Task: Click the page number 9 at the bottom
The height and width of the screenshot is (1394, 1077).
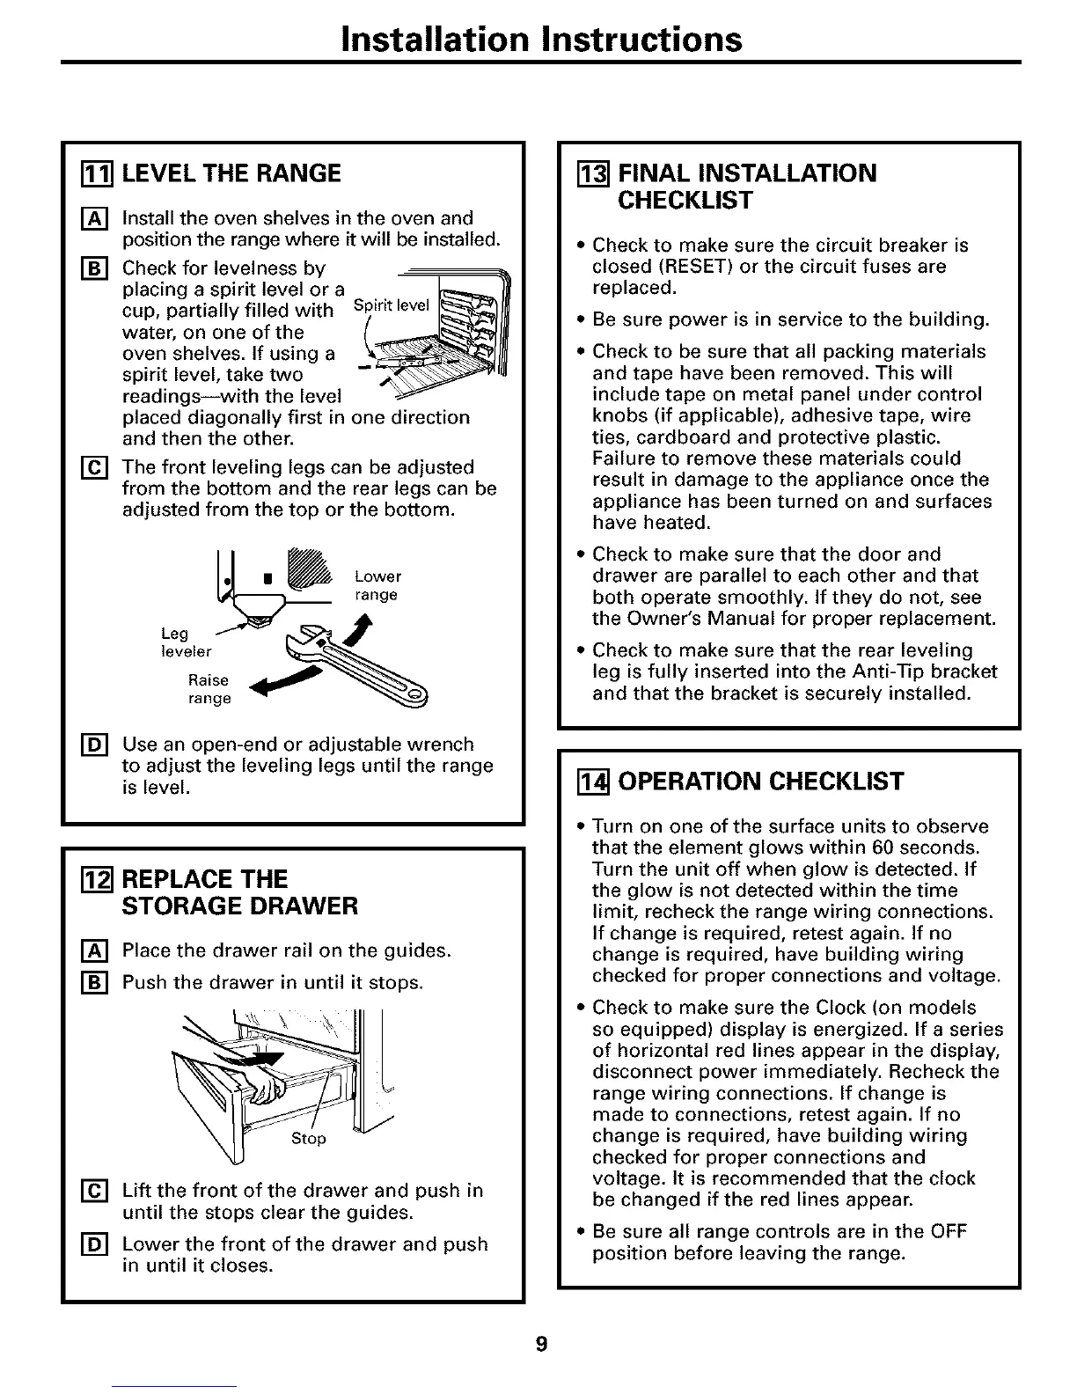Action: point(541,1343)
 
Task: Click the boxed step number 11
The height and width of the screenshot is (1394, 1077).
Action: point(81,173)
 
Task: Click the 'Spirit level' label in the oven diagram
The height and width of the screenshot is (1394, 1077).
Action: point(391,305)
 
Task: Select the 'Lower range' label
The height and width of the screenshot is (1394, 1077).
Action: point(377,586)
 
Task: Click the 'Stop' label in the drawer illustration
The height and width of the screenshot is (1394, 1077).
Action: point(308,1139)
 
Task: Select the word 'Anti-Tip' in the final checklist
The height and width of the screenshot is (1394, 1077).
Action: point(877,672)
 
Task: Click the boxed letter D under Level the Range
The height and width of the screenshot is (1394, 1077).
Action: point(81,745)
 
